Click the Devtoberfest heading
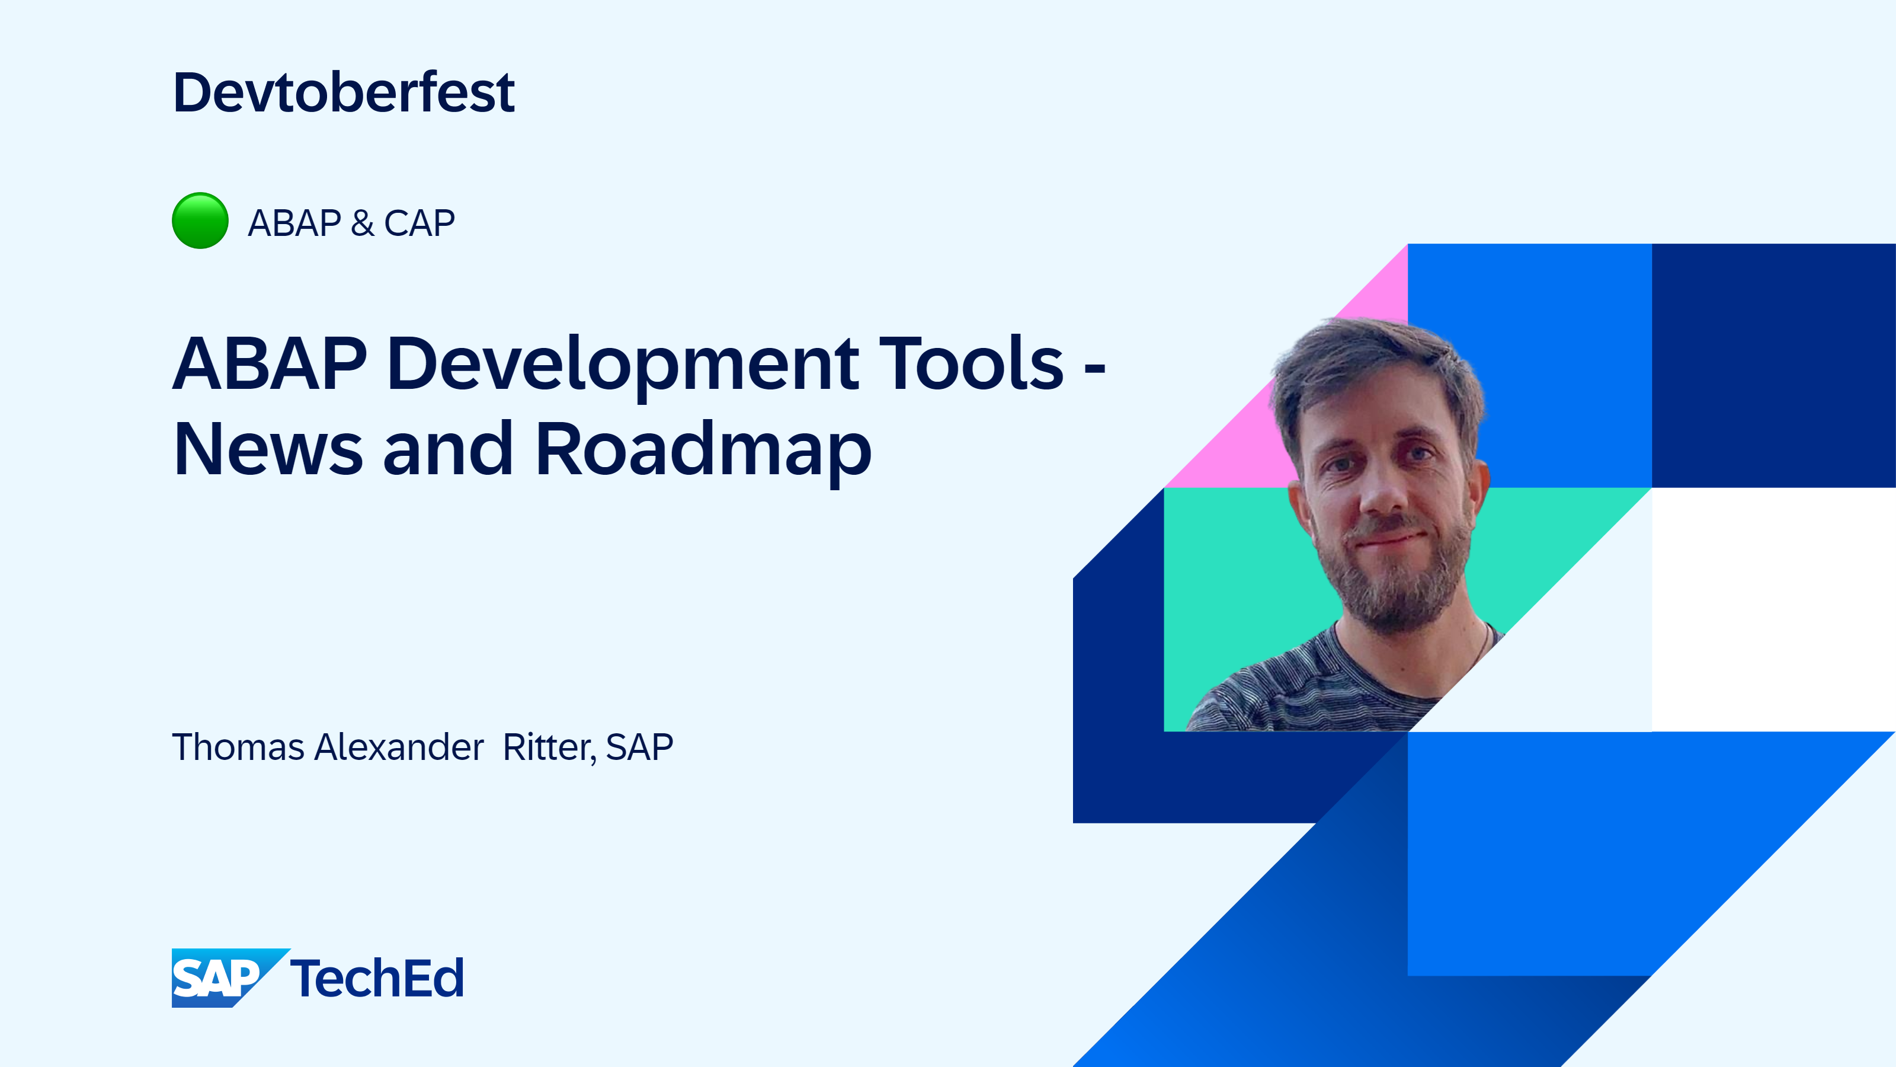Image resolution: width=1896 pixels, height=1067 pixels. [344, 93]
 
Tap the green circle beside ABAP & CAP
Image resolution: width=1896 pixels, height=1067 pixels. [200, 221]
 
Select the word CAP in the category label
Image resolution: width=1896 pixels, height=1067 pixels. [419, 223]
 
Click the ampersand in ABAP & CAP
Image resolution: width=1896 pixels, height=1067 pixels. [362, 223]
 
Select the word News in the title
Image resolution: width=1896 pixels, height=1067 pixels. [268, 449]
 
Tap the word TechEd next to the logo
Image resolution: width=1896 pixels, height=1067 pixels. [377, 978]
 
